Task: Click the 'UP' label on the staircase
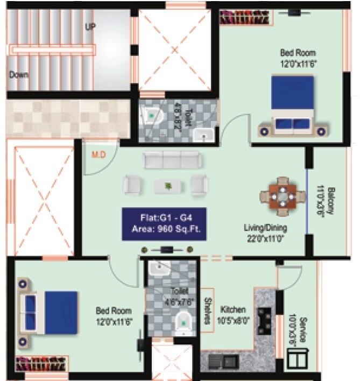coord(90,26)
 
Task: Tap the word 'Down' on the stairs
coord(18,75)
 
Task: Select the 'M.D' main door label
coord(98,155)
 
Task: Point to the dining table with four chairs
coord(282,196)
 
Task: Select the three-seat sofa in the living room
coord(172,160)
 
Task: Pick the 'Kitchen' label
coord(233,309)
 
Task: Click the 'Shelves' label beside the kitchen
coord(207,311)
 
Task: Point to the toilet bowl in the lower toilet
coord(184,321)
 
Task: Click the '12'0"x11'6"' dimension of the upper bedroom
coord(298,63)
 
